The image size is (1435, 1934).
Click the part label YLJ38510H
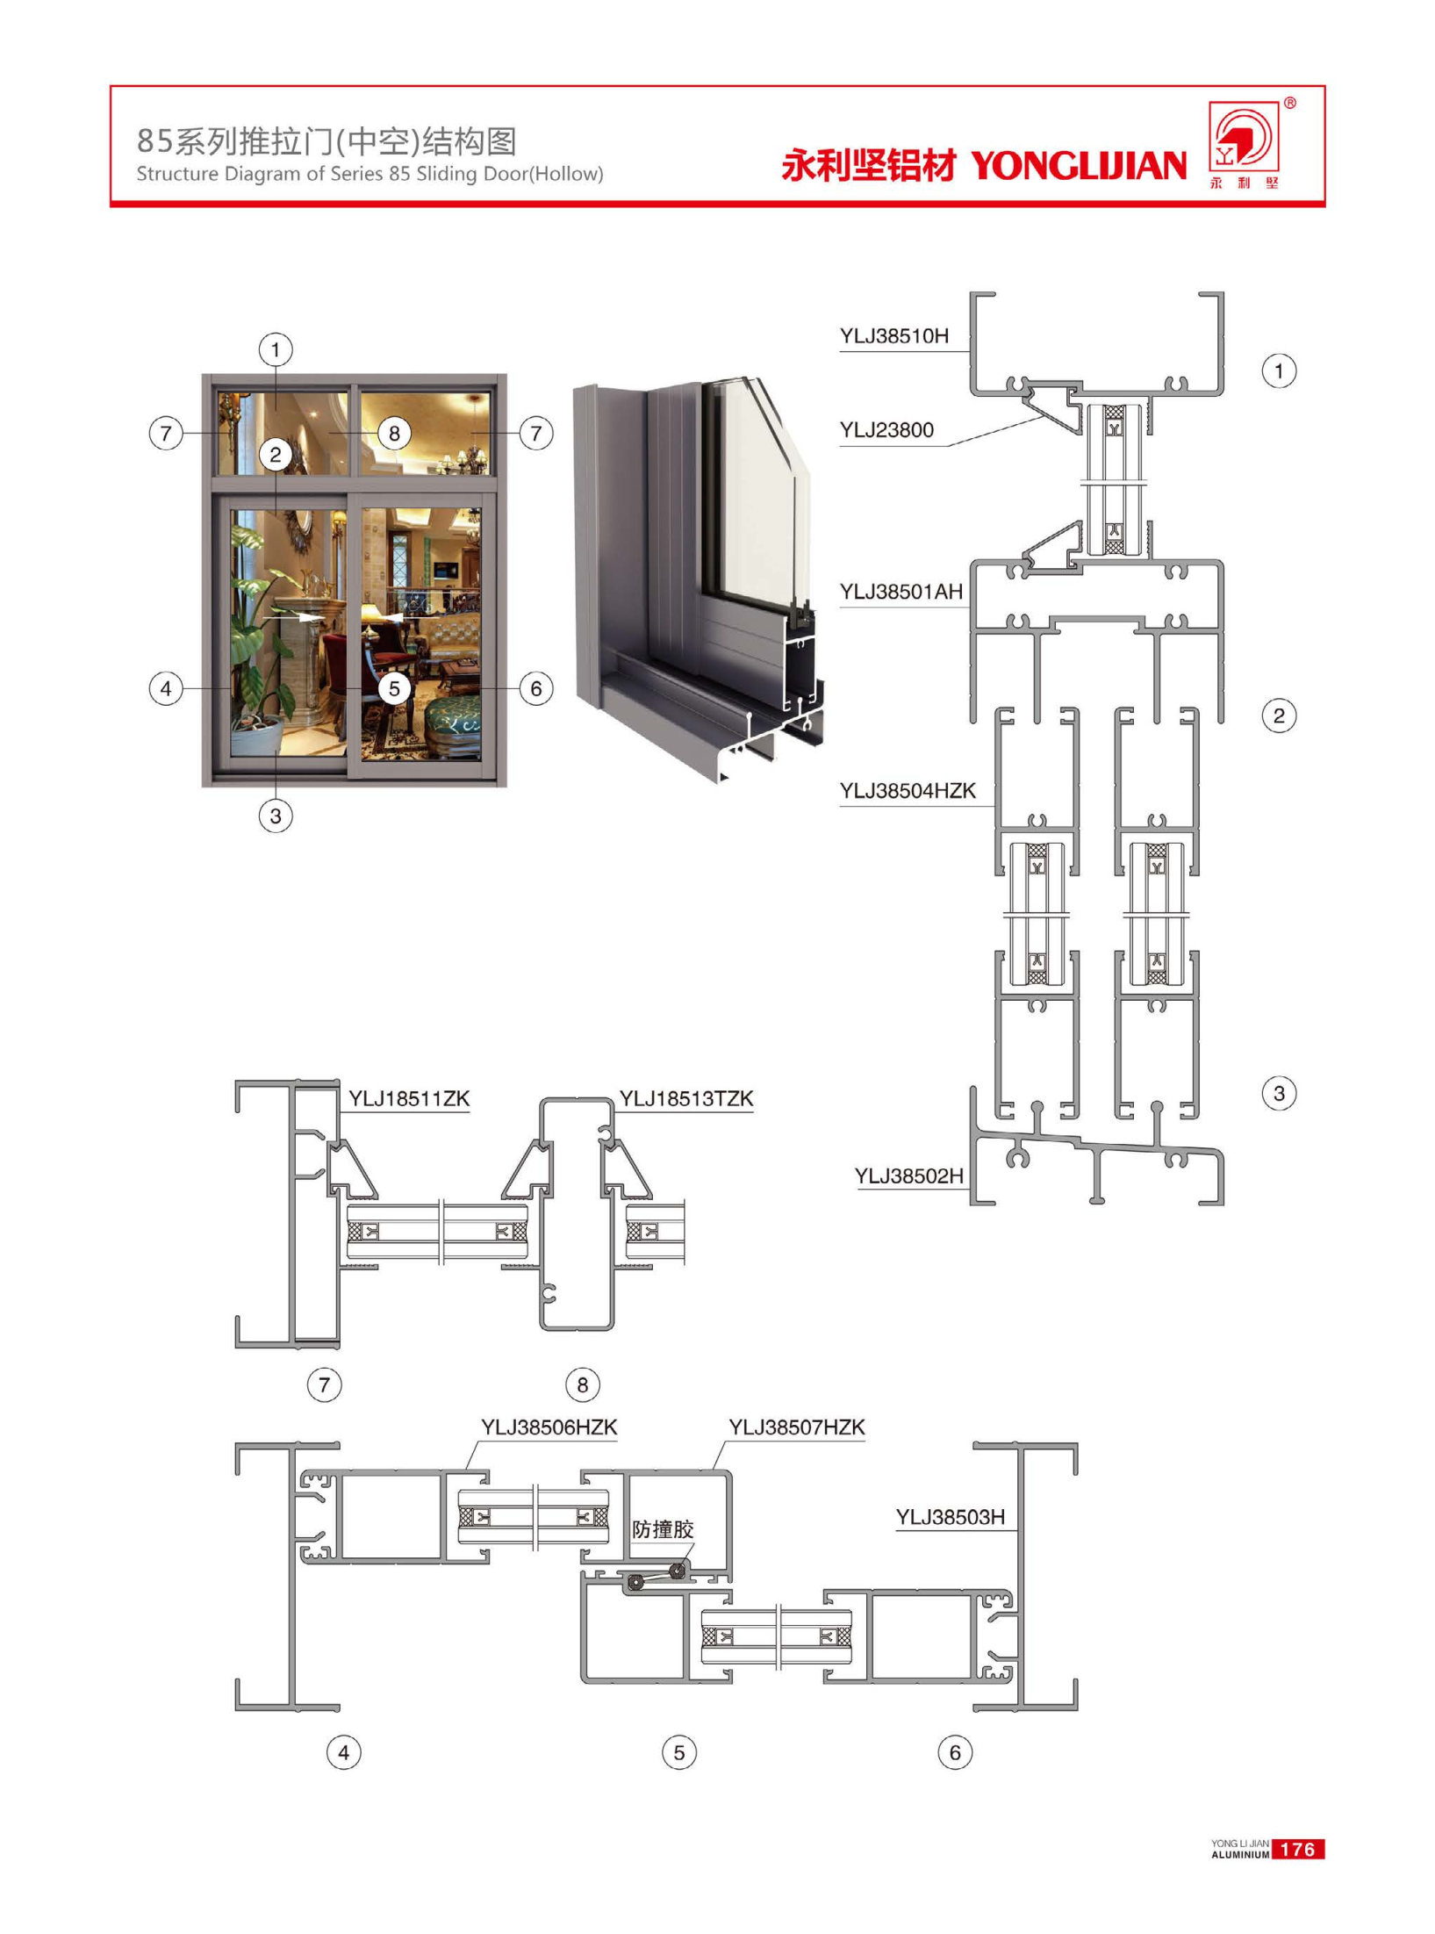pyautogui.click(x=893, y=336)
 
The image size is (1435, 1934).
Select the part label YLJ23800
pyautogui.click(x=886, y=430)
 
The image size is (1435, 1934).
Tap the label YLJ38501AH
pyautogui.click(x=901, y=592)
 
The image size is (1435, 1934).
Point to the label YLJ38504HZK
pyautogui.click(x=908, y=791)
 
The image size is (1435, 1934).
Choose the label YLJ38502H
pyautogui.click(x=909, y=1175)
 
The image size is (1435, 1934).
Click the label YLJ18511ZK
pyautogui.click(x=409, y=1098)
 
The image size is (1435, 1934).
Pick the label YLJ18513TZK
pyautogui.click(x=686, y=1098)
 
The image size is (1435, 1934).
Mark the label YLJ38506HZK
pyautogui.click(x=549, y=1427)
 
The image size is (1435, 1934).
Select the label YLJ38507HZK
pyautogui.click(x=797, y=1427)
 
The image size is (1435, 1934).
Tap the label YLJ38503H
pyautogui.click(x=951, y=1517)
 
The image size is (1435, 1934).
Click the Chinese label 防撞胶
pyautogui.click(x=664, y=1529)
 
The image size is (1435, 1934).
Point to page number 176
pyautogui.click(x=1297, y=1850)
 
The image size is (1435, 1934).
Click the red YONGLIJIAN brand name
pyautogui.click(x=1079, y=165)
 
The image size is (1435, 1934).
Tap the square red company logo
pyautogui.click(x=1245, y=137)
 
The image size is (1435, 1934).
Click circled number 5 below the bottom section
pyautogui.click(x=679, y=1753)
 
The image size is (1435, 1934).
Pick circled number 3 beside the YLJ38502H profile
pyautogui.click(x=1279, y=1094)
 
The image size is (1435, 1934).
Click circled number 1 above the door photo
pyautogui.click(x=276, y=350)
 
